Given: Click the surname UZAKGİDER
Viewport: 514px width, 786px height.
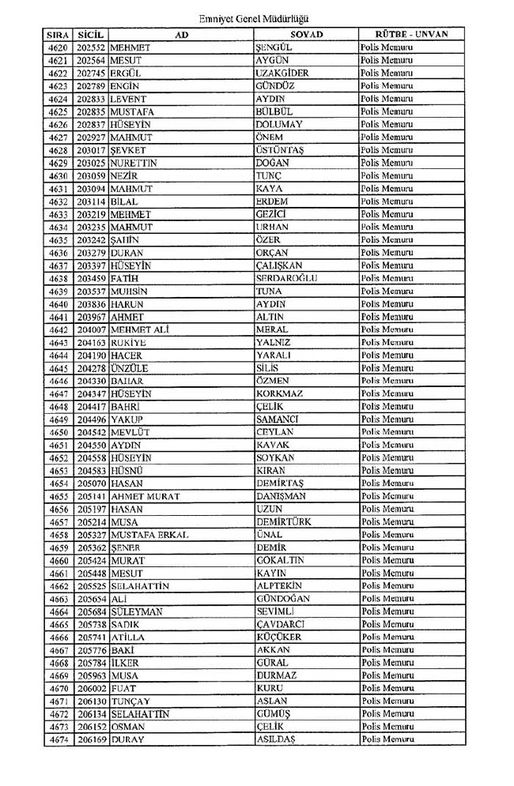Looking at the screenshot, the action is pyautogui.click(x=282, y=73).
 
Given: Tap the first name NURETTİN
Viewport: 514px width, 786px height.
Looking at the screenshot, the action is pyautogui.click(x=134, y=163).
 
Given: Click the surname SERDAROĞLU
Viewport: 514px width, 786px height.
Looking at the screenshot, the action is pyautogui.click(x=287, y=279).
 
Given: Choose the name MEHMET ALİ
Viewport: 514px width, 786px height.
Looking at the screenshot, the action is pyautogui.click(x=141, y=329).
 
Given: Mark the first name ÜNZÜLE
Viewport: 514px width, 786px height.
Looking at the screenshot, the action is pyautogui.click(x=130, y=368).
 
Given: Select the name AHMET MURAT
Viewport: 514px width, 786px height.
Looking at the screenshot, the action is pyautogui.click(x=146, y=497).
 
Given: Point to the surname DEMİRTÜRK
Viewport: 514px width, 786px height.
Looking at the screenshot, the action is pyautogui.click(x=284, y=522).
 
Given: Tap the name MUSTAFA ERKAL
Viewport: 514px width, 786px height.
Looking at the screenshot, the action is pyautogui.click(x=149, y=535).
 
